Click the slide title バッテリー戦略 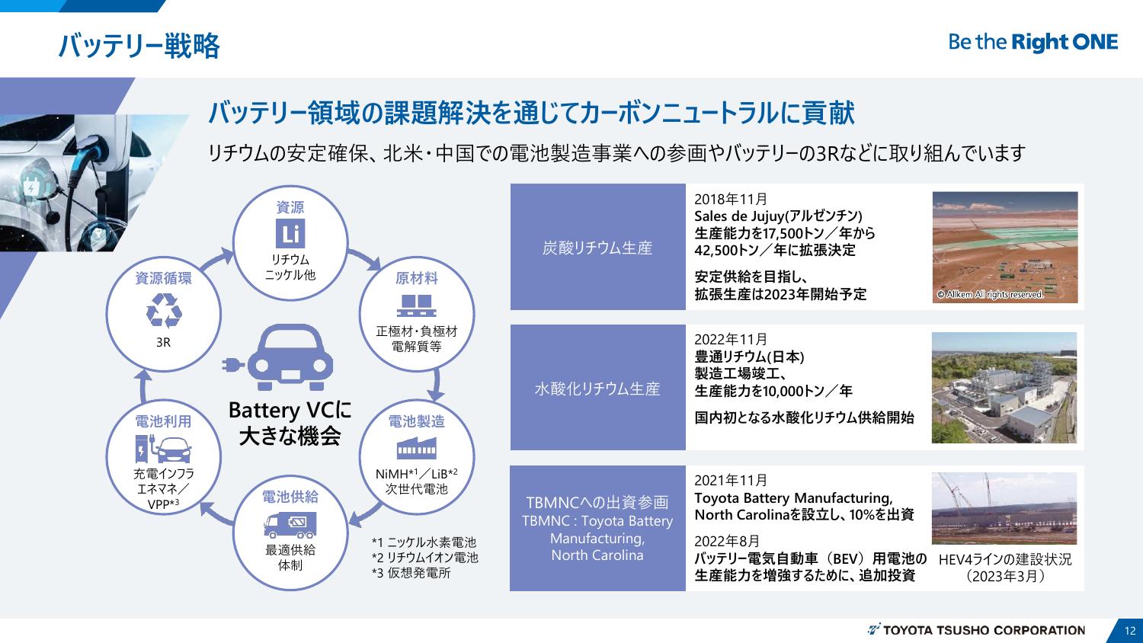click(x=139, y=46)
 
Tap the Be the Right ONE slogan click(x=1033, y=43)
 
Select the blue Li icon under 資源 click(x=290, y=234)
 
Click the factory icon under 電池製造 click(x=416, y=446)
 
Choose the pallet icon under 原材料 click(x=416, y=305)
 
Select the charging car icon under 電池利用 click(x=163, y=449)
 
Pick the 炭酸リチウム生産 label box click(x=597, y=248)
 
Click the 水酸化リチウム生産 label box click(x=597, y=389)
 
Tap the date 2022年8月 click(x=727, y=541)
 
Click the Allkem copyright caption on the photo click(x=990, y=295)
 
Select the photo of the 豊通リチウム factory click(x=1004, y=388)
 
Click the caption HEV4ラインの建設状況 click(x=1004, y=559)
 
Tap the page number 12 click(x=1129, y=630)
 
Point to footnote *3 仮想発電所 click(x=411, y=573)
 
